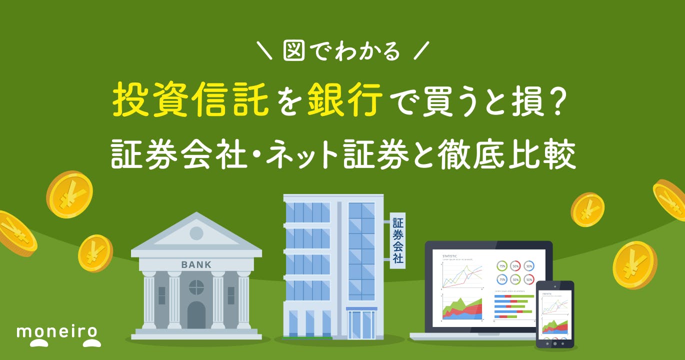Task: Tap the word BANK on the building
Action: (196, 264)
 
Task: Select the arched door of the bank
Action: (196, 314)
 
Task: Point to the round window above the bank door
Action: (196, 287)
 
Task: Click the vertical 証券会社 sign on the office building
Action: (398, 240)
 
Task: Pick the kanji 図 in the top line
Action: (294, 51)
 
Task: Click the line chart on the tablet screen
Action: (555, 306)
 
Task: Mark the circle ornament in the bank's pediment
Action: (196, 232)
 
